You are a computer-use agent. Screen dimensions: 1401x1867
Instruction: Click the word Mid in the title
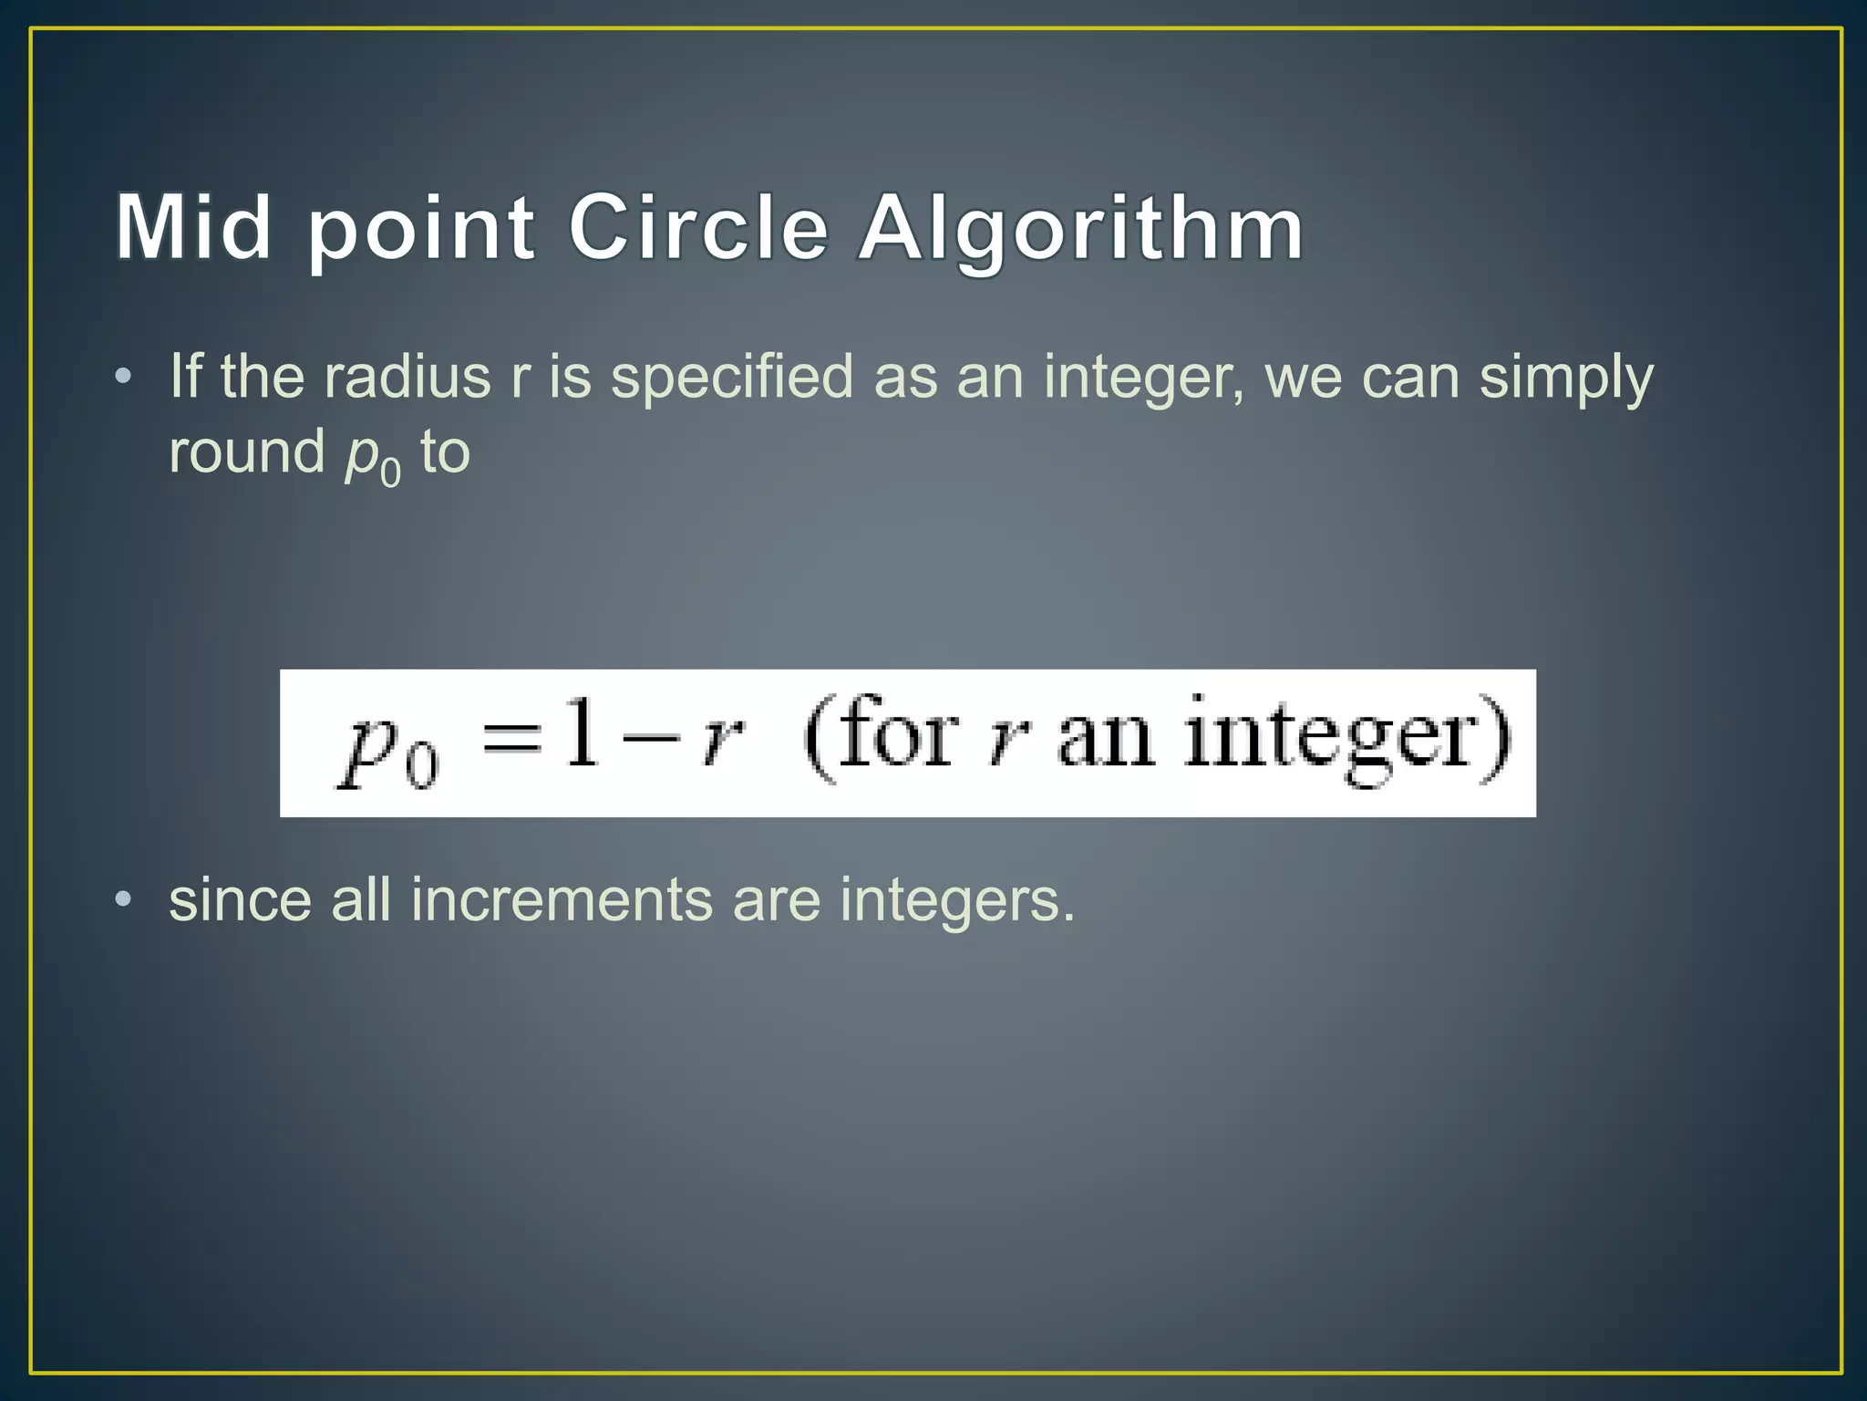point(193,226)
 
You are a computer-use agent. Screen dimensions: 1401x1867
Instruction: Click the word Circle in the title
point(698,226)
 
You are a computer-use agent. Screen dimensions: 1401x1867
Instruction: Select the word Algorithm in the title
point(1081,228)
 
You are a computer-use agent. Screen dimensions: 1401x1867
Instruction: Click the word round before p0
point(246,452)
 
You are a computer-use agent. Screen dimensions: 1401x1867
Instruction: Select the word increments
point(561,899)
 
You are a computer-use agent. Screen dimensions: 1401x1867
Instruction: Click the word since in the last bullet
point(240,899)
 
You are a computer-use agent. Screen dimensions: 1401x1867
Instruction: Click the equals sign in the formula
point(512,737)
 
